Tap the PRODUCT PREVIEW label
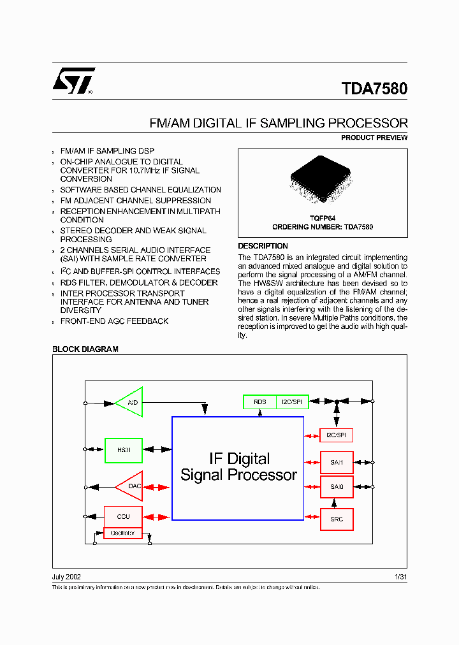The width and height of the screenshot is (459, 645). (x=374, y=138)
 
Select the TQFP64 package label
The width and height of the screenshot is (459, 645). (x=323, y=218)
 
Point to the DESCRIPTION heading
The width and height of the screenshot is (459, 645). (x=263, y=246)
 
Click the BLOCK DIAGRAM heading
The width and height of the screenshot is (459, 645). (x=85, y=349)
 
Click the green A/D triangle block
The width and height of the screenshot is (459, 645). (x=130, y=403)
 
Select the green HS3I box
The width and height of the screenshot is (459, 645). (x=123, y=449)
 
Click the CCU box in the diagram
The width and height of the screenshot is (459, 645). (x=123, y=517)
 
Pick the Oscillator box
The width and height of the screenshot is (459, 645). (x=123, y=533)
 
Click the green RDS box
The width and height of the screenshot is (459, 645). (x=259, y=402)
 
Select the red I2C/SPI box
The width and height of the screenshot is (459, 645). (x=336, y=435)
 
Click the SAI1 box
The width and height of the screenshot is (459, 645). (x=337, y=462)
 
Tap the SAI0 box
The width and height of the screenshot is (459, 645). (x=337, y=487)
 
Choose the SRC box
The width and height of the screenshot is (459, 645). (x=337, y=519)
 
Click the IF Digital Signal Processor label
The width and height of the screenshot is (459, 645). (x=238, y=467)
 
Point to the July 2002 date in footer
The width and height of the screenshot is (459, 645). (x=66, y=577)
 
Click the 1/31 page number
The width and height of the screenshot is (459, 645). (x=400, y=577)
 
